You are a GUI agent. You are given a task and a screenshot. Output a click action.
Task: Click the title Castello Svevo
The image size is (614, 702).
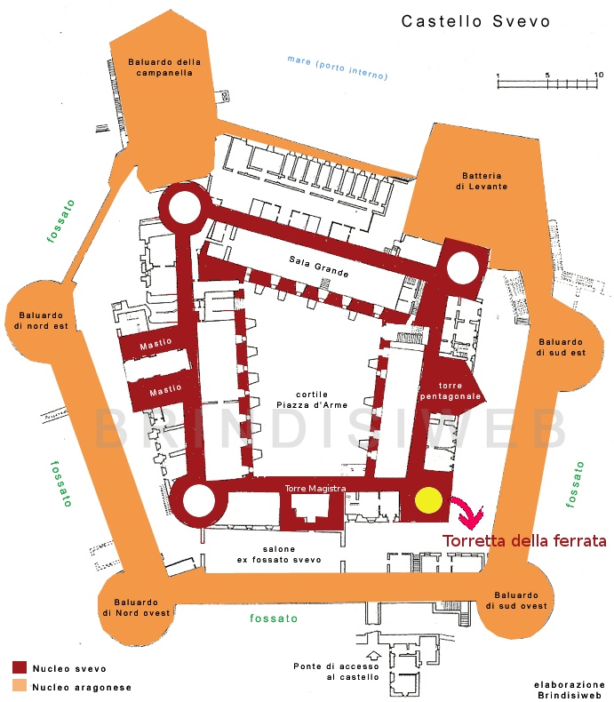[x=475, y=20]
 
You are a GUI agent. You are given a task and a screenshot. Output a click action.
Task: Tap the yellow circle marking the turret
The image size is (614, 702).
[x=429, y=500]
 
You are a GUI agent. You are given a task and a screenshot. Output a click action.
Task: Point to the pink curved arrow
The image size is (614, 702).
[x=468, y=512]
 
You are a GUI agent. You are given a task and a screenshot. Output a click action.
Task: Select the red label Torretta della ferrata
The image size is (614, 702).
[x=524, y=540]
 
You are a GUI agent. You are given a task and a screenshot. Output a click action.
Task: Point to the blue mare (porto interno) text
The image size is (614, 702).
[x=337, y=68]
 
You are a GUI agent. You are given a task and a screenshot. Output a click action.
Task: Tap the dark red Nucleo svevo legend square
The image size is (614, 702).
[x=19, y=666]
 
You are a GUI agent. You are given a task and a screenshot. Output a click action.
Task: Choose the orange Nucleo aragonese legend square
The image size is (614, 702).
[x=19, y=685]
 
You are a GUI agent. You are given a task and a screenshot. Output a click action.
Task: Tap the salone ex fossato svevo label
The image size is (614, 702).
[x=279, y=554]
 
